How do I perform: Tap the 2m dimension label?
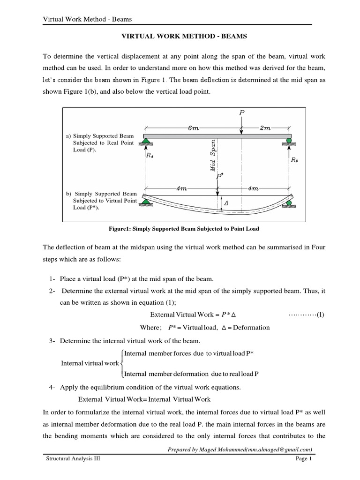tap(265, 127)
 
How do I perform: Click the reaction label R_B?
tap(294, 159)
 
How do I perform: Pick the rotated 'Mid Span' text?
tap(213, 155)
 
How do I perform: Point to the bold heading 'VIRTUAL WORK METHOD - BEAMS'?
tap(180, 35)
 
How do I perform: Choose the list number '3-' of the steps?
tap(52, 340)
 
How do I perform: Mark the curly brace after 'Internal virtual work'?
tap(122, 363)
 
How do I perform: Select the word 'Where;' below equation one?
tap(151, 327)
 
